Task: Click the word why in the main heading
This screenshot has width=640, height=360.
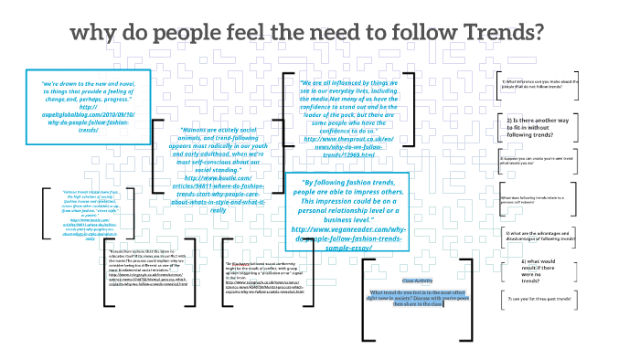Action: tap(98, 33)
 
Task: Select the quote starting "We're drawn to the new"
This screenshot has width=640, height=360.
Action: tap(88, 106)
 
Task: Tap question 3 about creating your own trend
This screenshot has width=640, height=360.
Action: tap(541, 160)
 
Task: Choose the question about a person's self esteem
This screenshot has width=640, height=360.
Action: tap(541, 199)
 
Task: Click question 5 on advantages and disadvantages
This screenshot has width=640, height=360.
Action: tap(541, 235)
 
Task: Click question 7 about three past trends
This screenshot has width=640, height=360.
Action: tap(541, 299)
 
